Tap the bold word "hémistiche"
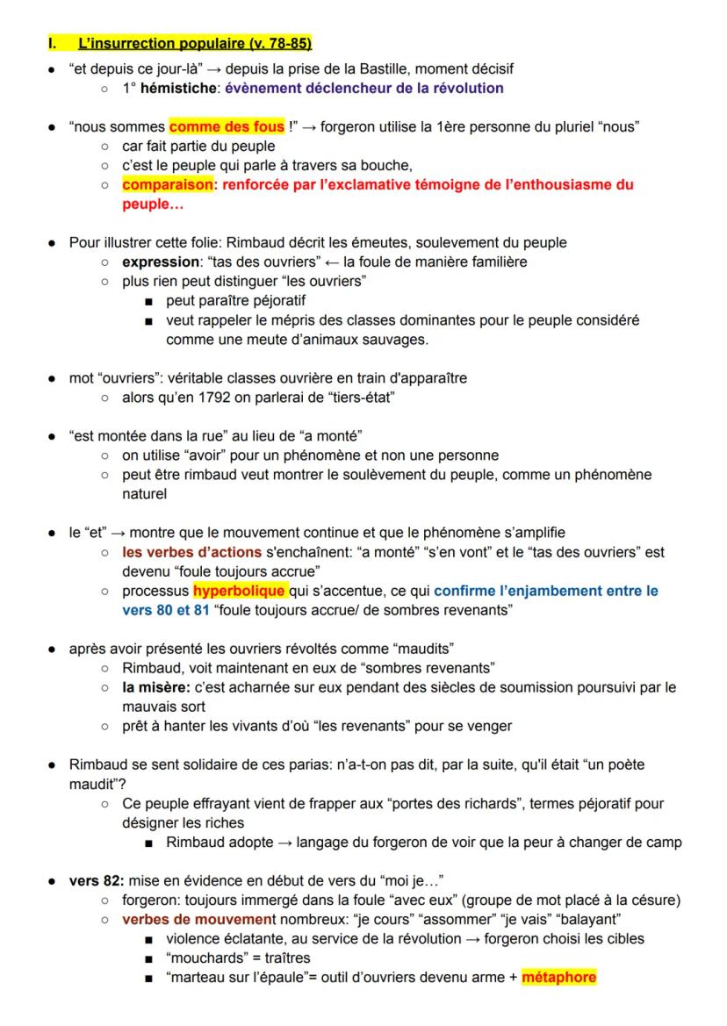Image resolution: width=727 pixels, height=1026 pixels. pyautogui.click(x=183, y=88)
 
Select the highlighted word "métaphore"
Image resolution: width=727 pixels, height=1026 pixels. pyautogui.click(x=558, y=977)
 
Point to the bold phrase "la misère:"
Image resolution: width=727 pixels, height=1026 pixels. pyautogui.click(x=158, y=687)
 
